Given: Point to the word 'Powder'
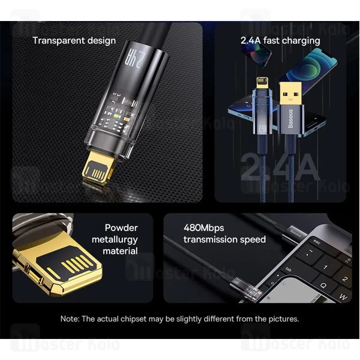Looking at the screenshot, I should (121, 228).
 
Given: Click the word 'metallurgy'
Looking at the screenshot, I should (115, 239).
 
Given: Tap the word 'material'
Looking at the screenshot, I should (120, 251).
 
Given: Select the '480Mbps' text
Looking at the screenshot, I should (202, 228).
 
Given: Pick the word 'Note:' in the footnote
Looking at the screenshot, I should (71, 319).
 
